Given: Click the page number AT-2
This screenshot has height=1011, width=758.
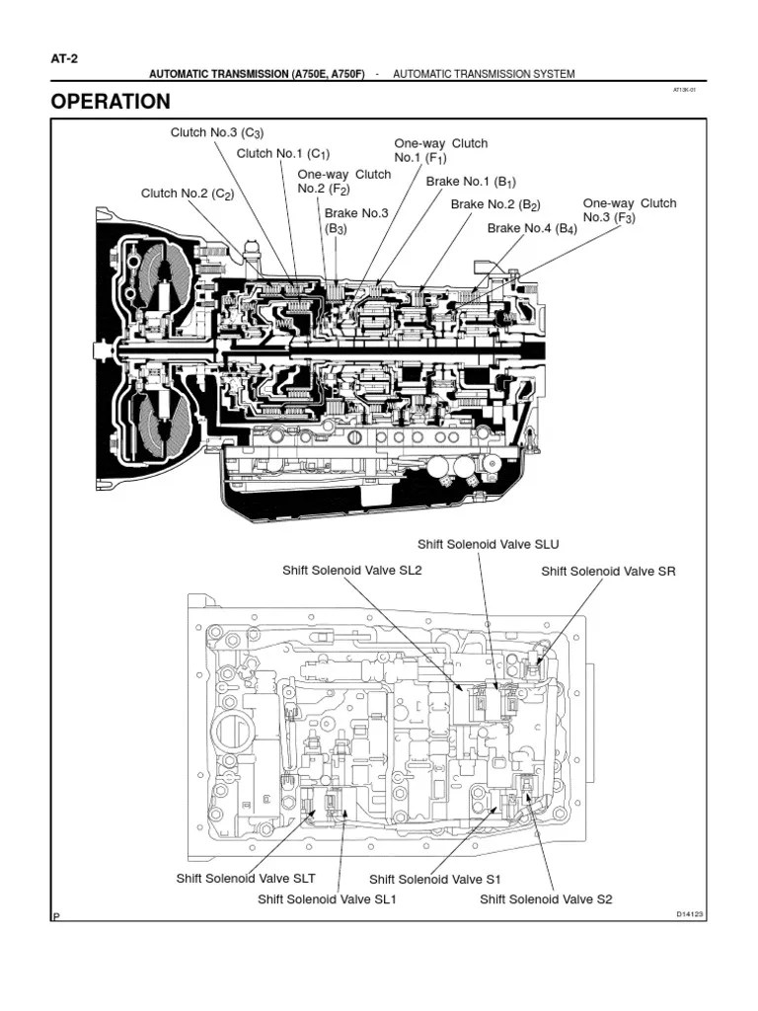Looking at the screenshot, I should click(64, 58).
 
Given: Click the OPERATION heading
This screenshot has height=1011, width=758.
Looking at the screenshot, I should click(111, 102).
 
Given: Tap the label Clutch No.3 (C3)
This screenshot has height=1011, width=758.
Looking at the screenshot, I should click(217, 133).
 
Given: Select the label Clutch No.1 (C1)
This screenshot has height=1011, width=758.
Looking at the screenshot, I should click(282, 153).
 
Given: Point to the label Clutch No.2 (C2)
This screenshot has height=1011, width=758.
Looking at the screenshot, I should click(188, 194).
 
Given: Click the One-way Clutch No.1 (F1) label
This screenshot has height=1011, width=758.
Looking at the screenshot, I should click(440, 150).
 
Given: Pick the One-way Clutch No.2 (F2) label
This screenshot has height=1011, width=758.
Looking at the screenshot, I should click(343, 182).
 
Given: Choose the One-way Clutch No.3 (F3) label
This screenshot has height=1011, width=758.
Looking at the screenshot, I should click(629, 210).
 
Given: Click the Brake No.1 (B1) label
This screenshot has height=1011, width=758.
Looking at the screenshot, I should click(471, 182).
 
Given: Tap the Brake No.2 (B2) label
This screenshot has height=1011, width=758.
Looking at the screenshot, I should click(496, 204).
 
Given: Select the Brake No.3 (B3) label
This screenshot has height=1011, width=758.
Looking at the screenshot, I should click(356, 220).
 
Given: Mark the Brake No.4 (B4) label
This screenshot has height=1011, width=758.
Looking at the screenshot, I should click(532, 228).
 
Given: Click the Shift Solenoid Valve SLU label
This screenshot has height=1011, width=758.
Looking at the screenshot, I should click(481, 544).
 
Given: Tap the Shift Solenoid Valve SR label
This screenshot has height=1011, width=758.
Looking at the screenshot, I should click(608, 571).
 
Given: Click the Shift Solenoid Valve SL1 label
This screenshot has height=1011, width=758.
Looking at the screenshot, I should click(327, 898).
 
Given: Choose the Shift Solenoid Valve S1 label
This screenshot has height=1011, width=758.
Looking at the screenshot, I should click(435, 879).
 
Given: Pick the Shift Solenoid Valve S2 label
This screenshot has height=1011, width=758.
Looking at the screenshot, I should click(546, 898).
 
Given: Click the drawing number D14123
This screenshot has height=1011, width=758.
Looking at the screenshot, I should click(689, 914).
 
